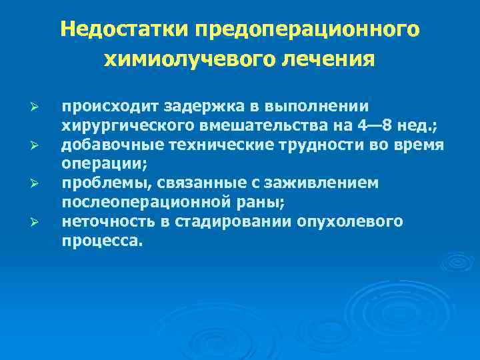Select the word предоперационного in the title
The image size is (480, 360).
[x=307, y=31]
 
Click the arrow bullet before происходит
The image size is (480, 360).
[x=38, y=107]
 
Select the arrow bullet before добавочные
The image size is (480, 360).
[x=38, y=145]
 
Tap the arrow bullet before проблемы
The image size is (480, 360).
[x=38, y=183]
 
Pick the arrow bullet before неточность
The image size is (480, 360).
[x=38, y=221]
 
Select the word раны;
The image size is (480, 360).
[x=266, y=202]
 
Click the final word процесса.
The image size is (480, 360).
[x=102, y=241]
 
